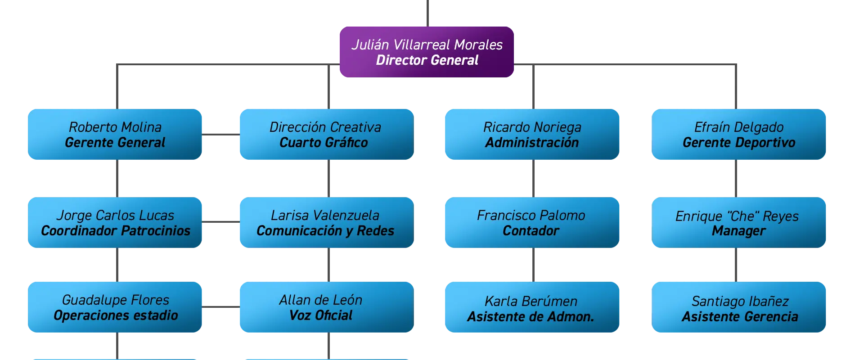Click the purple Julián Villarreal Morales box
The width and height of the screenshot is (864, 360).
(x=427, y=52)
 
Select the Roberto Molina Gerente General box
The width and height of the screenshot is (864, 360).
(x=115, y=134)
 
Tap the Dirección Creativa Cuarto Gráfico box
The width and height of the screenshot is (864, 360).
(x=327, y=134)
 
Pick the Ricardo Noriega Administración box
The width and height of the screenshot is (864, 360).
(x=532, y=134)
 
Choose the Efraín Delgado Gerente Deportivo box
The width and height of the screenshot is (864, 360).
(x=738, y=134)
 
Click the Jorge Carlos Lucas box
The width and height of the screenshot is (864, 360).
(x=115, y=222)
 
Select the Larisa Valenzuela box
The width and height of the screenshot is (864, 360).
(x=327, y=222)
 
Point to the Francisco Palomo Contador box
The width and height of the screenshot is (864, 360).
(x=532, y=222)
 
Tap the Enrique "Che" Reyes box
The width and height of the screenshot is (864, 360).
(x=738, y=222)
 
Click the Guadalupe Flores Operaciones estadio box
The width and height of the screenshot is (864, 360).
(x=115, y=307)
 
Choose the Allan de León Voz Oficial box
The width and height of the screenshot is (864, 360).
(x=327, y=307)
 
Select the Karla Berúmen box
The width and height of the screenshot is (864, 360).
(x=532, y=307)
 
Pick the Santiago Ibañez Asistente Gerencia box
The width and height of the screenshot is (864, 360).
(x=738, y=307)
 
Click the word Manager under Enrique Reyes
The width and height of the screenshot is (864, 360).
(x=738, y=231)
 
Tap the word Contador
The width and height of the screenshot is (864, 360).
(x=531, y=231)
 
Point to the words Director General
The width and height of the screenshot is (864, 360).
(x=427, y=60)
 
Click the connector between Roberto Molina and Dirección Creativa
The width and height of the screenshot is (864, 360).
(x=221, y=134)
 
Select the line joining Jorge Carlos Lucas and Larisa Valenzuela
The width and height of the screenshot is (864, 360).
(x=221, y=221)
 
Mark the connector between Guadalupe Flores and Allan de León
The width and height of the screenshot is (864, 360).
(x=221, y=307)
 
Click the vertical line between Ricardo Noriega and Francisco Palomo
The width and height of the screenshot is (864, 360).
(x=533, y=178)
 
